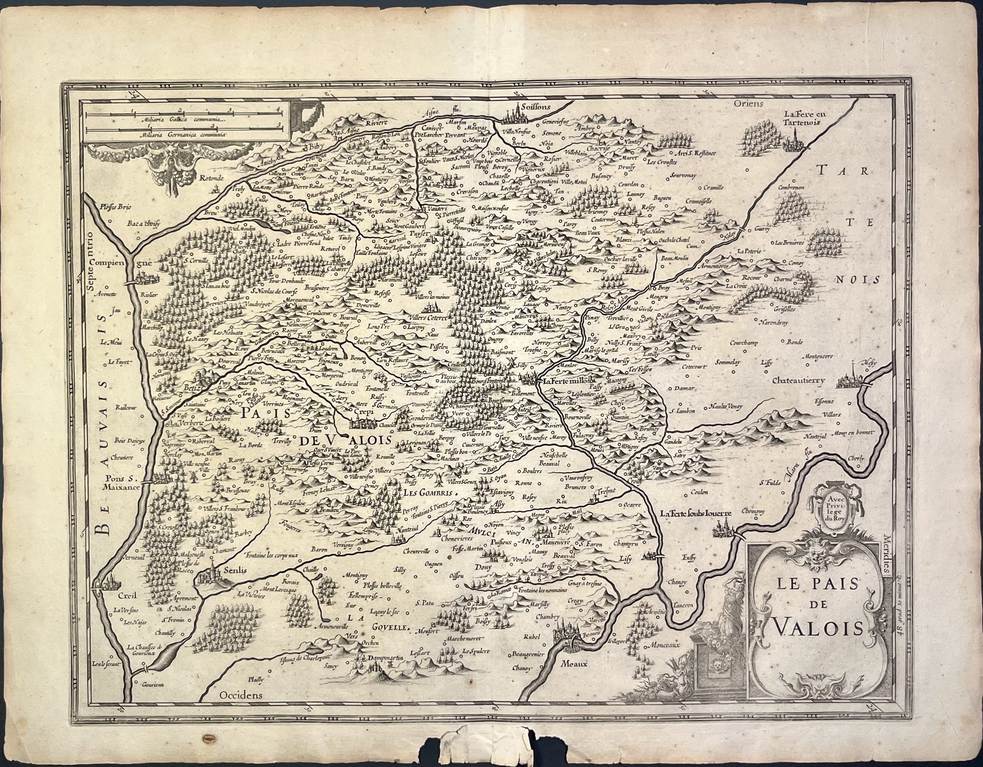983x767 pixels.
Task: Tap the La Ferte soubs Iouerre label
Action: click(x=695, y=514)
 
